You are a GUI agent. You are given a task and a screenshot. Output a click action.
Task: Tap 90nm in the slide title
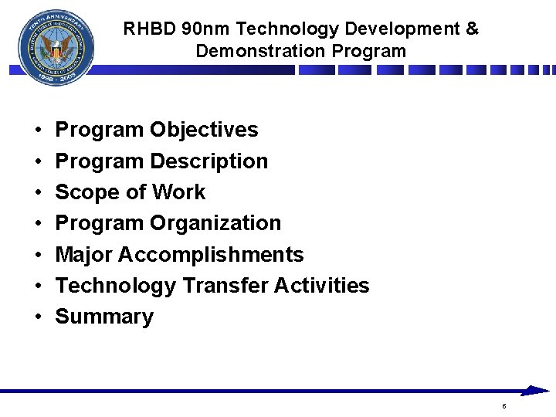pos(207,29)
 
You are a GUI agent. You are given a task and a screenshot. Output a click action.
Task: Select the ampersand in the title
pos(473,29)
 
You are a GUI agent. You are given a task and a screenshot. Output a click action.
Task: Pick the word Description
pos(209,161)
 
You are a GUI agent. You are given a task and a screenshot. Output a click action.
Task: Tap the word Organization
pos(215,223)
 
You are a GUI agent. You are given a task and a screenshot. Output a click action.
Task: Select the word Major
pos(86,255)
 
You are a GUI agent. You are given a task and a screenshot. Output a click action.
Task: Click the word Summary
pos(104,317)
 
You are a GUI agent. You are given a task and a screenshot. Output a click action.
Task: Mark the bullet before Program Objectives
pos(37,131)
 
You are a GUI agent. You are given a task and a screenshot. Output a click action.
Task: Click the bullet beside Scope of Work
pos(37,193)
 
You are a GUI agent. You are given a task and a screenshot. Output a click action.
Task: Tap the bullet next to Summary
pos(37,317)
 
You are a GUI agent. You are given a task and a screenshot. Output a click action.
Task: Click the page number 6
pos(503,406)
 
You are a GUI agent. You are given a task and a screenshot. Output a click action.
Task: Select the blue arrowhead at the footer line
pos(534,391)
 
